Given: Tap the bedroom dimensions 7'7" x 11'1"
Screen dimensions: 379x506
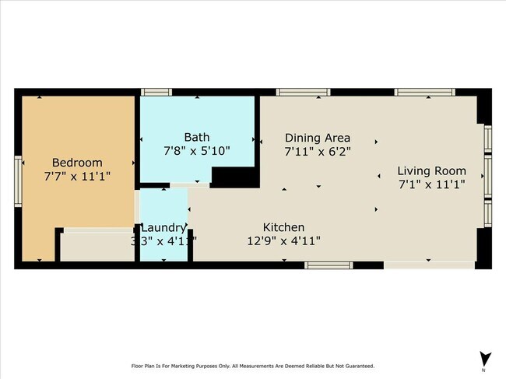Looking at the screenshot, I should (77, 177).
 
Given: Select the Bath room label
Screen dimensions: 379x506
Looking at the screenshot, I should (196, 137).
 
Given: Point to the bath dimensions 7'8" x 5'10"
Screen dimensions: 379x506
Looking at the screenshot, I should (196, 151).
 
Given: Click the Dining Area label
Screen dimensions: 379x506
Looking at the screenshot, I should (318, 137).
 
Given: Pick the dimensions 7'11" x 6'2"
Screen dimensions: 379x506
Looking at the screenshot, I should (318, 151).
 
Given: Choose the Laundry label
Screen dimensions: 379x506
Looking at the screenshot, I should (163, 227).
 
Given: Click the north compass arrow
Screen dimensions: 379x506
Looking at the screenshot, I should (486, 359).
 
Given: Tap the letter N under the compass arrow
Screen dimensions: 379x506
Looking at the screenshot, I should (486, 371).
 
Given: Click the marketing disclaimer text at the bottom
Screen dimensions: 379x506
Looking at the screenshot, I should (252, 366).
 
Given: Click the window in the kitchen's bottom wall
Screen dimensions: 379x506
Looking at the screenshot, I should (328, 265).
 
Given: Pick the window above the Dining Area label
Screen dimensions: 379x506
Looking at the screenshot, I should (303, 92).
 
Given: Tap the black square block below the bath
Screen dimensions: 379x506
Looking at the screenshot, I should (234, 177).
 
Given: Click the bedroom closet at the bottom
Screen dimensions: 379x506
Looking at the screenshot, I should (97, 246).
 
